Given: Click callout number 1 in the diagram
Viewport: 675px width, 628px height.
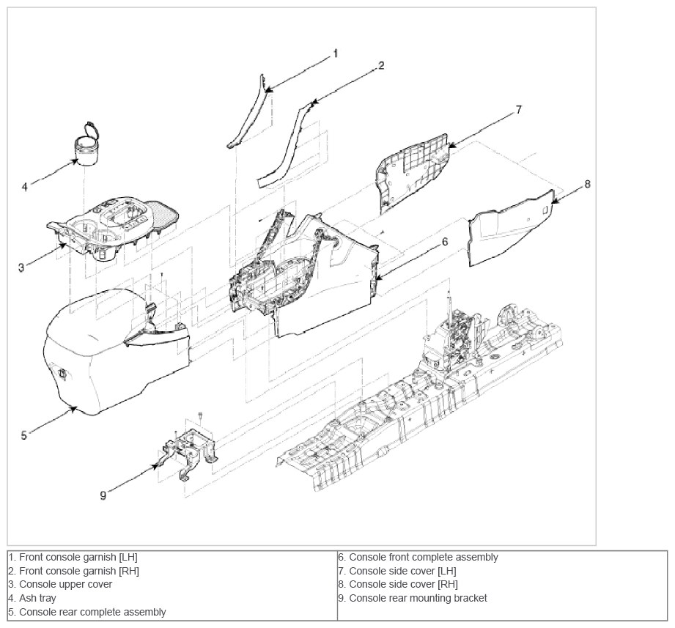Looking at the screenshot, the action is click(336, 53).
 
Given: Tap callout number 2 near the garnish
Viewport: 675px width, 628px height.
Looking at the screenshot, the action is click(381, 65).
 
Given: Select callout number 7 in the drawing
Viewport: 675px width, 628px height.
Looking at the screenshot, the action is click(519, 110).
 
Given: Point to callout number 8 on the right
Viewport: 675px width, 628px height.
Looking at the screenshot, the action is click(587, 184).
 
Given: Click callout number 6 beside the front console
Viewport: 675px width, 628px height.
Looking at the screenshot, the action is click(445, 242).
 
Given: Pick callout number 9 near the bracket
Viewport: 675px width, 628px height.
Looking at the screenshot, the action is click(103, 495).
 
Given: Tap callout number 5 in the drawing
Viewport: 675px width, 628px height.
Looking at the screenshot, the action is click(23, 435).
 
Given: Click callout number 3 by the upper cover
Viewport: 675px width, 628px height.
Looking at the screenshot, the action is click(21, 267).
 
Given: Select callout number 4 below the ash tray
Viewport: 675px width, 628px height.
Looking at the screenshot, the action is click(24, 187).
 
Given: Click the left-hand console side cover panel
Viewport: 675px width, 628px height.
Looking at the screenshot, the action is click(412, 174).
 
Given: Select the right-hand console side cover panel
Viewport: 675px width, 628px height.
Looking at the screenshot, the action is click(512, 228).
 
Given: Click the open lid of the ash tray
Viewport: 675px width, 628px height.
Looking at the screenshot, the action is click(90, 129).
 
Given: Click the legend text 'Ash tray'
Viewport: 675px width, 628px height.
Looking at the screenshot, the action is click(37, 598).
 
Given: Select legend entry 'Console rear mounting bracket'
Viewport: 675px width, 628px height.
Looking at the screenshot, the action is click(418, 598).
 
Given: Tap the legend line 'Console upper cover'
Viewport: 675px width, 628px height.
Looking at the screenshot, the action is click(65, 584).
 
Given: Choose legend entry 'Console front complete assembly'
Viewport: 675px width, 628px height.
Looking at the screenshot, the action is click(424, 557).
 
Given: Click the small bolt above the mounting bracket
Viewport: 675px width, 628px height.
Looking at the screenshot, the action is click(200, 415).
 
